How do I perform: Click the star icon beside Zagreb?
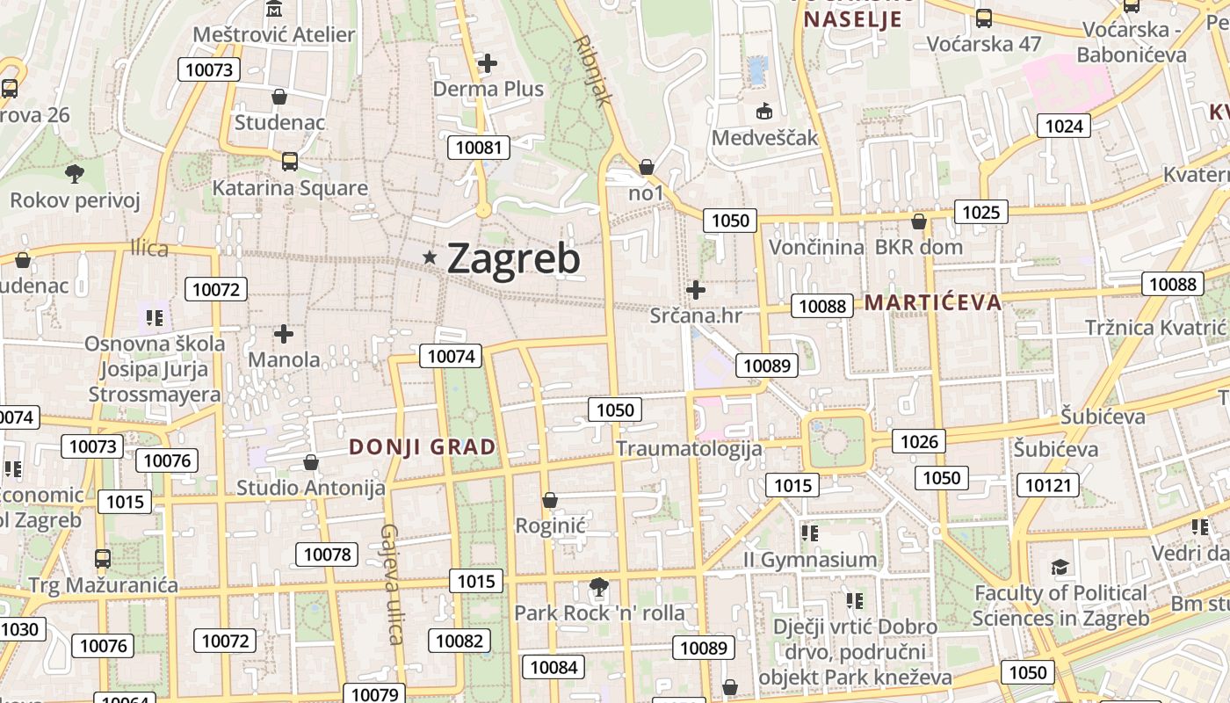coord(430,257)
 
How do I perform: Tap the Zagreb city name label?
coord(514,259)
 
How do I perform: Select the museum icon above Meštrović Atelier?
coord(274,10)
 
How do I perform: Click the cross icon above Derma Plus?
coord(488,63)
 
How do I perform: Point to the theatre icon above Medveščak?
coord(763,112)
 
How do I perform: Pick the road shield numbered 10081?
coord(479,147)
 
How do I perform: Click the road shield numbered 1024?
coord(1063,126)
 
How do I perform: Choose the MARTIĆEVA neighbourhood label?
coord(933,303)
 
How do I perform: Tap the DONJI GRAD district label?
coord(423,446)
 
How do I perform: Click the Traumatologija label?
coord(689,448)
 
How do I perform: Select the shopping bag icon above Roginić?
coord(550,500)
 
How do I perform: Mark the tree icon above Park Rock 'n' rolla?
coord(599,586)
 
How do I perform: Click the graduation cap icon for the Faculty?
coord(1060,567)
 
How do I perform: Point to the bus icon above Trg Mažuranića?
coord(103,559)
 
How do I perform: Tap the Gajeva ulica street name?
coord(392,583)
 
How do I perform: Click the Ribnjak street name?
coord(591,70)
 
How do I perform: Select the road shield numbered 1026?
coord(919,441)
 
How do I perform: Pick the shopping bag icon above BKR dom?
coord(919,221)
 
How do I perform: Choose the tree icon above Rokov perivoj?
coord(75,174)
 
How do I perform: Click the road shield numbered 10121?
coord(1048,484)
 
